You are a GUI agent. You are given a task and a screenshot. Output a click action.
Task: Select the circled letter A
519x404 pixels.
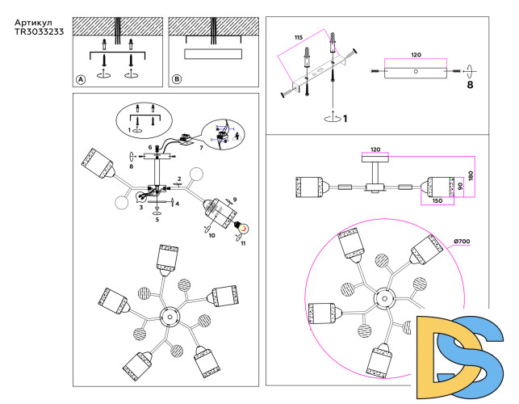(80, 79)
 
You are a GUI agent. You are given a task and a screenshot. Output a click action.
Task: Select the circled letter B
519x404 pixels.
(177, 79)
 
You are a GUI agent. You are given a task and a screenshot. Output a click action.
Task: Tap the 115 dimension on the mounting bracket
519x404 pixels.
(298, 38)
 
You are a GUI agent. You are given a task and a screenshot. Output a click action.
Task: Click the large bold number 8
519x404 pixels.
(469, 84)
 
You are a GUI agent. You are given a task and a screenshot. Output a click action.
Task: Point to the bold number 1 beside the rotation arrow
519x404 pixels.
(345, 120)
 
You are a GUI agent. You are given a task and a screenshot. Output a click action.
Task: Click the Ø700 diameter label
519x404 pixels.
(462, 242)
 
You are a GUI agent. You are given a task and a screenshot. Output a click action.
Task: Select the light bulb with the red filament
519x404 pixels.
(239, 229)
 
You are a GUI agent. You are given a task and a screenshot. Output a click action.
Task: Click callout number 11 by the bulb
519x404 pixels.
(244, 242)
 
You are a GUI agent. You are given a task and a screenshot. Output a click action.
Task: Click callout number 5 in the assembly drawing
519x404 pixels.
(157, 219)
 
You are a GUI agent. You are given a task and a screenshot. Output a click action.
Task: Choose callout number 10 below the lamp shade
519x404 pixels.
(211, 235)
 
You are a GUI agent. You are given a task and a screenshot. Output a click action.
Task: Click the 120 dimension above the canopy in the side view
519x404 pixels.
(375, 149)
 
